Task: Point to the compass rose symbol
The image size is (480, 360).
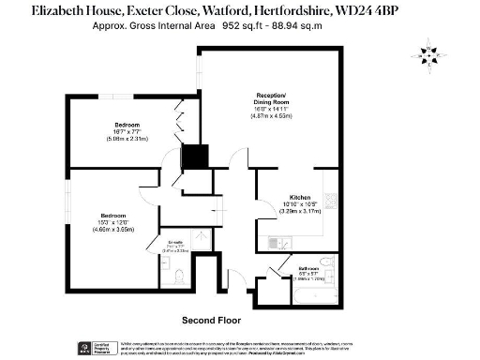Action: (430, 55)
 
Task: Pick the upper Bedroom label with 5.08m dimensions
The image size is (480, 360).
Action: (127, 126)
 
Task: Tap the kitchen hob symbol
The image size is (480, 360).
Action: (329, 184)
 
